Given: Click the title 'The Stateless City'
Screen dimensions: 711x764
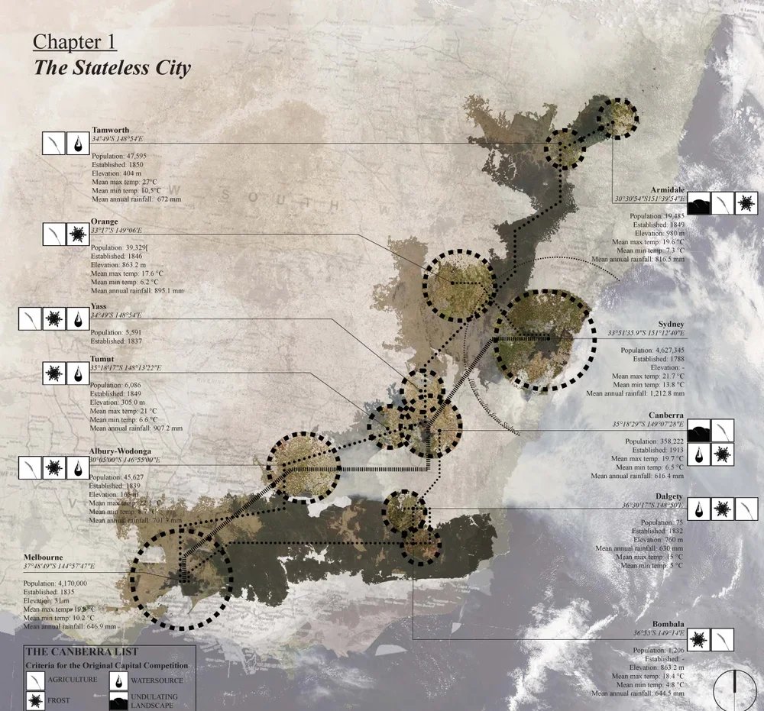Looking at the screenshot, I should click(x=112, y=67).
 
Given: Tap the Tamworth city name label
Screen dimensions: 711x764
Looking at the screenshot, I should click(x=109, y=130).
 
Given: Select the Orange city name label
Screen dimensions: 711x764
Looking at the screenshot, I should click(x=104, y=221).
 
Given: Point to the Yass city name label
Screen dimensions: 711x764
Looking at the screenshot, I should click(x=98, y=306).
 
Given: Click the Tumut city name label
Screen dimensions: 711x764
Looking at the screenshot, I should click(x=102, y=359).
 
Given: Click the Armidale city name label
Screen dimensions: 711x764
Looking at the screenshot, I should click(x=667, y=189).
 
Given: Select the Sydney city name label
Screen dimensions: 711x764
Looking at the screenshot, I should click(x=672, y=325).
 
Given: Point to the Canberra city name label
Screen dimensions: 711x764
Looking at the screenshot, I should click(x=665, y=415).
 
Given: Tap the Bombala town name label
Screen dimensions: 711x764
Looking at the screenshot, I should click(x=668, y=624).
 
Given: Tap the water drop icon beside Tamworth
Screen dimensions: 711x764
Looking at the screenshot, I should click(x=76, y=144).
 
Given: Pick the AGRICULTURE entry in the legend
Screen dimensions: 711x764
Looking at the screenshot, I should click(x=72, y=679).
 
